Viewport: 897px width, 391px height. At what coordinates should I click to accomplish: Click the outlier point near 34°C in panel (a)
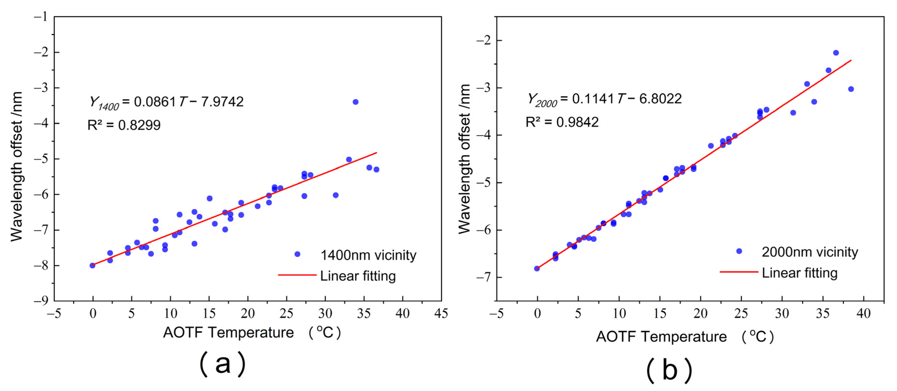355,102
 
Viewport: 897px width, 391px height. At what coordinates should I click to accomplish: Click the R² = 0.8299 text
124,125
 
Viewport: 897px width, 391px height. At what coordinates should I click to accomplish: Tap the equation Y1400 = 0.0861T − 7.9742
166,102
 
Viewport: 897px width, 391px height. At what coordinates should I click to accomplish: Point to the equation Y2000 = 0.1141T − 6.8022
604,99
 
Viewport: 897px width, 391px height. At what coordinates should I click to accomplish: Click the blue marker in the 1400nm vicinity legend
297,254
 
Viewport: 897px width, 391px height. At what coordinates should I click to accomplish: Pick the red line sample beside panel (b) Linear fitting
739,272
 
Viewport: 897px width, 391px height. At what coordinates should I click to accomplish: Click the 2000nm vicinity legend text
810,252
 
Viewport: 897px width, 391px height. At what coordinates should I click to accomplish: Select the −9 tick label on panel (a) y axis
41,300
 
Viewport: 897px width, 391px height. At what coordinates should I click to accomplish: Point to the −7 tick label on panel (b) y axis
484,277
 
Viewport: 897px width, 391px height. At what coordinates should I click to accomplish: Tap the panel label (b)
669,370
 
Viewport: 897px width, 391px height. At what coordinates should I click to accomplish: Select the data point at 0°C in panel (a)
92,266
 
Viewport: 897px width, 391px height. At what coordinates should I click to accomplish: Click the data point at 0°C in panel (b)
537,268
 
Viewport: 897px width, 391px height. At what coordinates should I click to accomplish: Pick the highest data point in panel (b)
836,53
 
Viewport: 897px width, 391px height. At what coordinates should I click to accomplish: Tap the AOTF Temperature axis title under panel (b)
684,337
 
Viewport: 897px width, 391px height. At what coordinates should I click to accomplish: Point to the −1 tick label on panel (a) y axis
41,16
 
